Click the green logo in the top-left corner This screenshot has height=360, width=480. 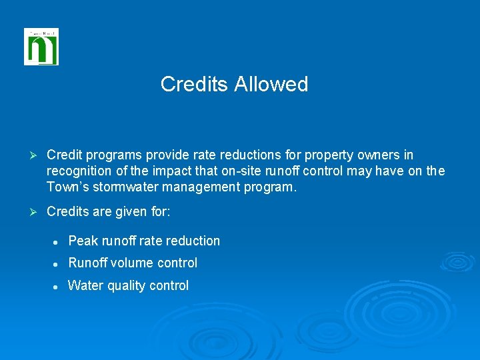(x=41, y=47)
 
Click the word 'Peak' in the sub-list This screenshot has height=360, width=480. (x=83, y=241)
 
